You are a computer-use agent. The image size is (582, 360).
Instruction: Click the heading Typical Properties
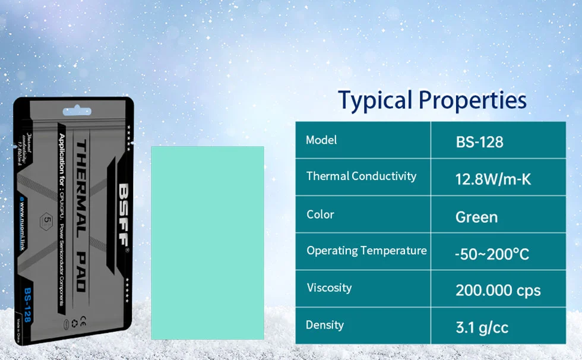coord(432,100)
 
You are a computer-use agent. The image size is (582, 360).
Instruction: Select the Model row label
coord(321,140)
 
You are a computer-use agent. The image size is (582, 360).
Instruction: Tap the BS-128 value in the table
coord(479,143)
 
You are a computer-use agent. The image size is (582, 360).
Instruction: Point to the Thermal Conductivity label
coord(361,176)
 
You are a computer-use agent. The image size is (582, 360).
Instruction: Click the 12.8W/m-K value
coord(493,179)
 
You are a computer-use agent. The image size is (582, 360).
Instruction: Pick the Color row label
coord(320,214)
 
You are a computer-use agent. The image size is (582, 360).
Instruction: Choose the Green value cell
coord(476,217)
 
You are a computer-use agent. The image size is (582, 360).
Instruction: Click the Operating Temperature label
coord(366,251)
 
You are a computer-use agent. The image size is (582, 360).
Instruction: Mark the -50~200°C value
coord(492,255)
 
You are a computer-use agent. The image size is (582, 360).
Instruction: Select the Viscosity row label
coord(329,288)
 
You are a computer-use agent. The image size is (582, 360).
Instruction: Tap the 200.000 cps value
coord(498,290)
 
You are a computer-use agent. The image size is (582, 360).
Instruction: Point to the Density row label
coord(324,325)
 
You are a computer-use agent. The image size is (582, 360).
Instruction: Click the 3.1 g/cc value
coord(482,327)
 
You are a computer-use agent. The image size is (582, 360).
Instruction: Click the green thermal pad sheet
coord(207,242)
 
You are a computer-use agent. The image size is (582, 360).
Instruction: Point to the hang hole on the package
coord(75,109)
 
